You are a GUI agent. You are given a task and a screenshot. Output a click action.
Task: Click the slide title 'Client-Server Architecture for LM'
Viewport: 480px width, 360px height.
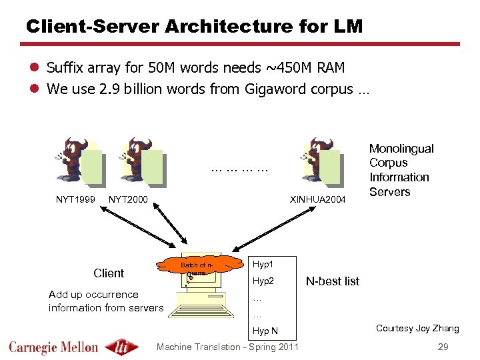(x=194, y=26)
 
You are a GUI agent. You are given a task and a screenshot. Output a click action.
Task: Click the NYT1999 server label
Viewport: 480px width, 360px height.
(x=74, y=199)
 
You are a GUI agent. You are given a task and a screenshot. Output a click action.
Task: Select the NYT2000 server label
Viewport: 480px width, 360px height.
(x=128, y=199)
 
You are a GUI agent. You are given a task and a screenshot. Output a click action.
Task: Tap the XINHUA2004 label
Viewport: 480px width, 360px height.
(x=317, y=199)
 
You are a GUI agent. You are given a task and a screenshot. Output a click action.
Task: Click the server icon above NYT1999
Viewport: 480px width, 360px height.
(x=81, y=160)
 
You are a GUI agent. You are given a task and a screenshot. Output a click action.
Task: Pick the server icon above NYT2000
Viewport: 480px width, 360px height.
(x=141, y=160)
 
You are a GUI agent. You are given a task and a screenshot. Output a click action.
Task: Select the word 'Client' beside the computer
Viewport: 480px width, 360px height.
(x=109, y=273)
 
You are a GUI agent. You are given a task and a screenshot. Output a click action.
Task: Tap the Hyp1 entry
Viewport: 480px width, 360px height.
(x=263, y=265)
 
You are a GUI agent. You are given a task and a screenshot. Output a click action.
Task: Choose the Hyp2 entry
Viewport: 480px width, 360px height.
(x=263, y=281)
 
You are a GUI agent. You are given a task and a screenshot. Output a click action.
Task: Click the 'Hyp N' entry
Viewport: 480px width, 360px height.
(x=265, y=331)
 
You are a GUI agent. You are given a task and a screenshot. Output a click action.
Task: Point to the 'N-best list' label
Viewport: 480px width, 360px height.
(x=332, y=281)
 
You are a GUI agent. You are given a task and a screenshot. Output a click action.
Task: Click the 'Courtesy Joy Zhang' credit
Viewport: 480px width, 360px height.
(x=417, y=328)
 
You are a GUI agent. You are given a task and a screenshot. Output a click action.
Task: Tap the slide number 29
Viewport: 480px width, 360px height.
(x=443, y=347)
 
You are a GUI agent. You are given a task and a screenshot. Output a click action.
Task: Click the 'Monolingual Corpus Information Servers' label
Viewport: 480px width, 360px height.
(x=401, y=170)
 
